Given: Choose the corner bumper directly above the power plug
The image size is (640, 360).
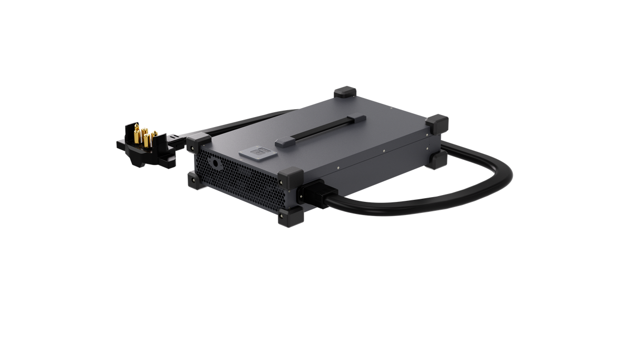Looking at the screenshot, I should coord(291,176).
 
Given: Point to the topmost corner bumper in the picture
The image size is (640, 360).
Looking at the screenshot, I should coord(345,93).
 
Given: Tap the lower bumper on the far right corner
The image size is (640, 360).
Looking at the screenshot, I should coord(437,159).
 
